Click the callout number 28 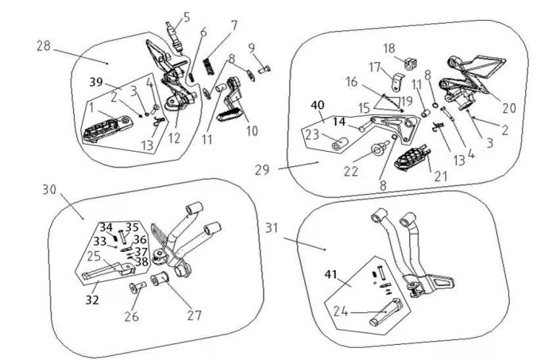coord(44,46)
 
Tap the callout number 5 coord(187,17)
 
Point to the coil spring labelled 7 coord(208,66)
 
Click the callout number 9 coord(252,48)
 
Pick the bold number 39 coord(96,82)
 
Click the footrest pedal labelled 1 coord(108,129)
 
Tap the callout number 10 coord(252,131)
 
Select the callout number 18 coord(389,48)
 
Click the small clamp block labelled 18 coord(410,63)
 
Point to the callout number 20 coord(509,108)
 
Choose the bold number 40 coord(318,106)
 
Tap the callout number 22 coord(351,172)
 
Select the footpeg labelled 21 coord(412,158)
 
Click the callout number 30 coord(49,190)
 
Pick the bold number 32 coord(92,300)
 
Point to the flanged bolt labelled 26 coord(137,287)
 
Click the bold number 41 coord(331,274)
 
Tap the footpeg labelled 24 coord(386,312)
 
